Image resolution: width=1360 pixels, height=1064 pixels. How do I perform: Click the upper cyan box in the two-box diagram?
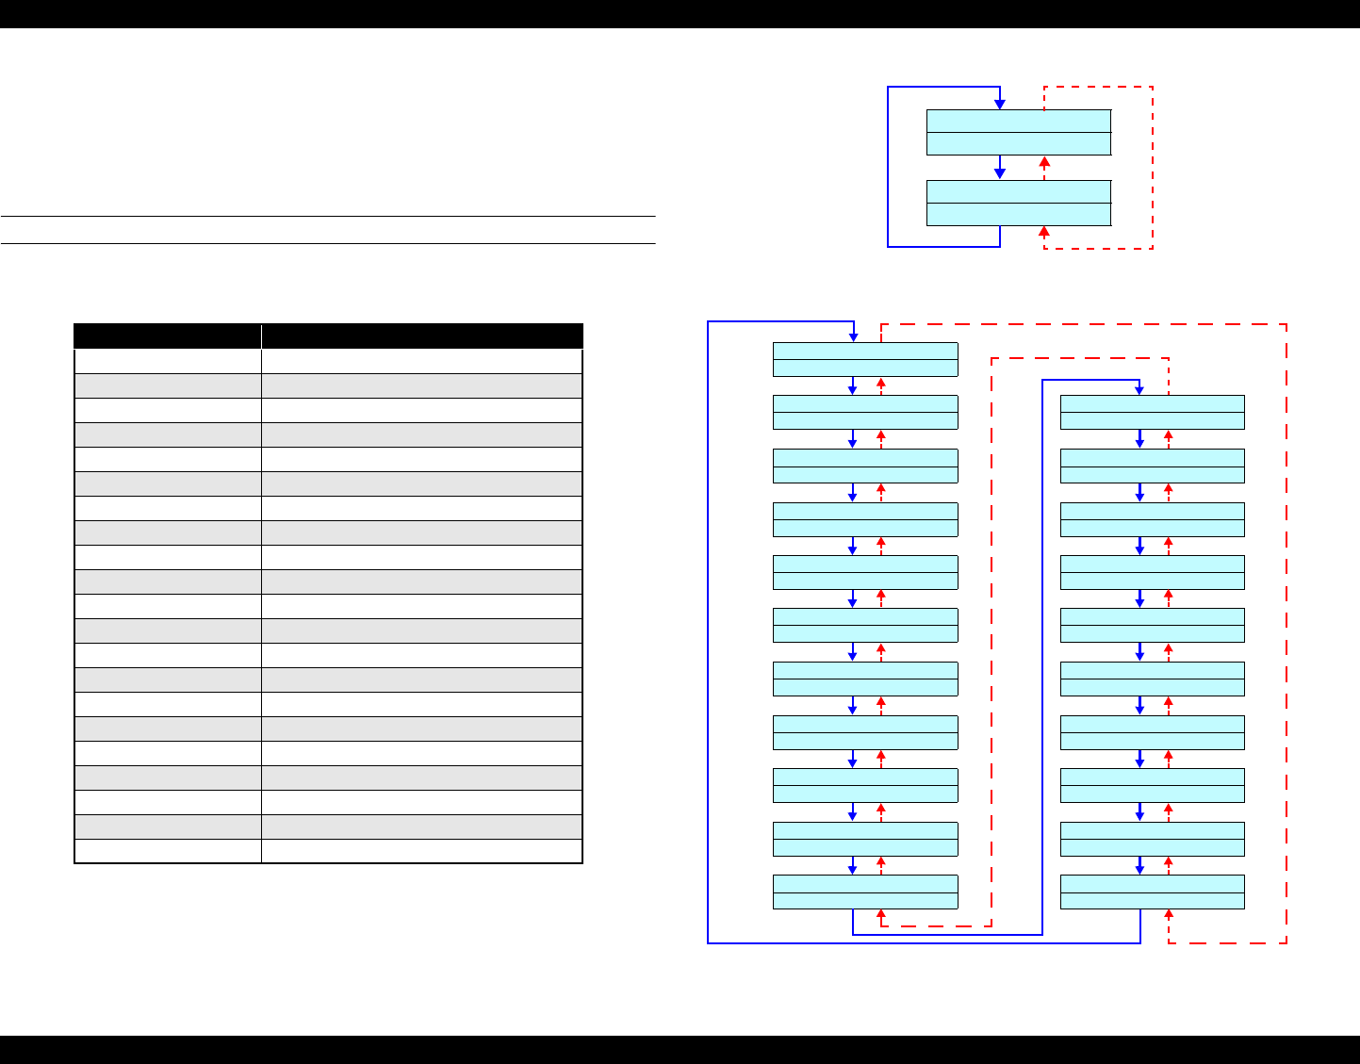coord(1018,132)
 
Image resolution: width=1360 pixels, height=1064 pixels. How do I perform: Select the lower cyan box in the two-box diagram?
coord(1018,203)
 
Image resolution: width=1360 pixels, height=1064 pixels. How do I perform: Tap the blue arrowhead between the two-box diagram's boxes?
coord(1000,173)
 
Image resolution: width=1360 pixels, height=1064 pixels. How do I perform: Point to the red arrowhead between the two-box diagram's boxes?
coord(1044,162)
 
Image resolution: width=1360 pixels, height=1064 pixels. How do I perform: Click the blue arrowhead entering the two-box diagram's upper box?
coord(1000,104)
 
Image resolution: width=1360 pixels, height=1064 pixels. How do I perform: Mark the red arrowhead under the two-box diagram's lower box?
coord(1044,232)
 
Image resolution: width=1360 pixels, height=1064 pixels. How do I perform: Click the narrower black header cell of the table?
coord(168,336)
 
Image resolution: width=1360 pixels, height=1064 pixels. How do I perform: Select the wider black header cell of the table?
coord(421,336)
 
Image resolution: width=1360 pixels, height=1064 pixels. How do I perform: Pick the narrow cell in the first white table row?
coord(168,362)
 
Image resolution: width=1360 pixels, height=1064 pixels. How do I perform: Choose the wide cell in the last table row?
coord(421,851)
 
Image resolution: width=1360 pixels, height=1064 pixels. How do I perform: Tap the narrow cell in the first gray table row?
coord(168,385)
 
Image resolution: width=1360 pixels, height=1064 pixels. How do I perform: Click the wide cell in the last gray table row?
coord(421,827)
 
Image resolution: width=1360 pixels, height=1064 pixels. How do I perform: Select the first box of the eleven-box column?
coord(865,359)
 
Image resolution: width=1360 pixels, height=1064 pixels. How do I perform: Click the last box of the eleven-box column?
coord(865,892)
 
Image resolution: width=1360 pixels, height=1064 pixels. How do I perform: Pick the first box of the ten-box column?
coord(1152,412)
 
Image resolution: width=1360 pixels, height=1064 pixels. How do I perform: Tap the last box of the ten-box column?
coord(1152,892)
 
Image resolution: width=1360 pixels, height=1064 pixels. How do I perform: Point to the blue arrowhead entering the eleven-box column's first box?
coord(853,336)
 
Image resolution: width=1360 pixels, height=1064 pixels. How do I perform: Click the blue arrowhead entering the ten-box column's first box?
coord(1139,389)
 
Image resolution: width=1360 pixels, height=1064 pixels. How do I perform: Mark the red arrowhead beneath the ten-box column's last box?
coord(1169,915)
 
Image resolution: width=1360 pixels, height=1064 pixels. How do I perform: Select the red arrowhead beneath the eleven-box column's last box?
coord(881,915)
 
